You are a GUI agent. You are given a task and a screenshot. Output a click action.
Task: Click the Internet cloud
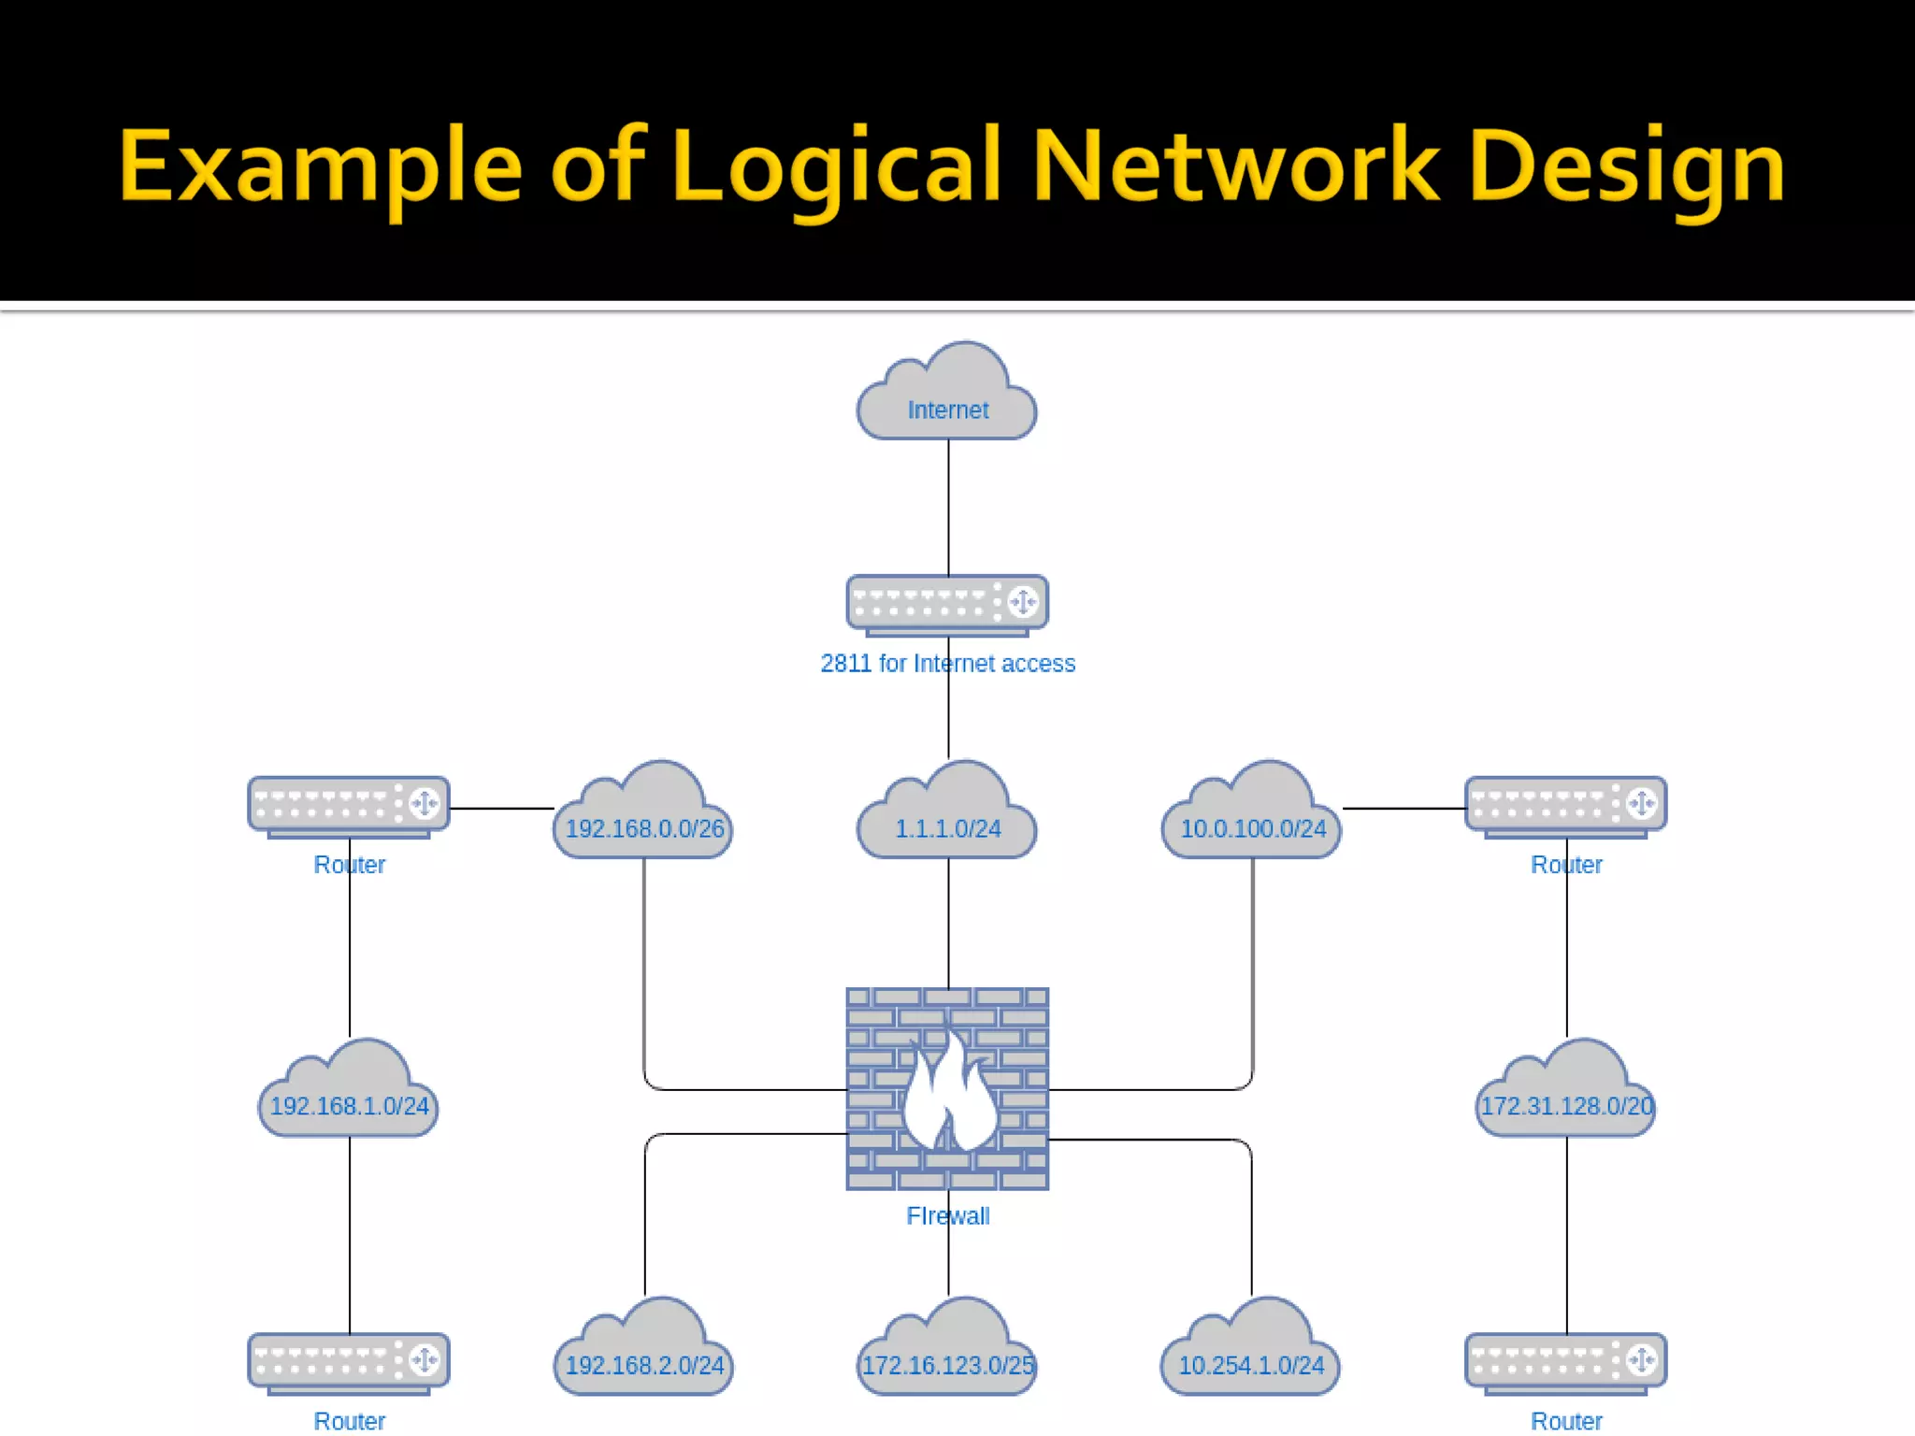[947, 397]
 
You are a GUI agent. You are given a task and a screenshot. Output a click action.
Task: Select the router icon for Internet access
[947, 603]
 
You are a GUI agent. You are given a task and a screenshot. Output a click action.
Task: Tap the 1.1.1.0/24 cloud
[947, 818]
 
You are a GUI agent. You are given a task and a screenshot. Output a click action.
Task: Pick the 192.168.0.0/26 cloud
[644, 818]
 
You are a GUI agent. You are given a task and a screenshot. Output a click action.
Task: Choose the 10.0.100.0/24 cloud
[1252, 818]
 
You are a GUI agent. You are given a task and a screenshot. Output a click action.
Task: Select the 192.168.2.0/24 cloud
[644, 1355]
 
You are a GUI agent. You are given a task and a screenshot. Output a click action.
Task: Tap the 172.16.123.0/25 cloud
[947, 1355]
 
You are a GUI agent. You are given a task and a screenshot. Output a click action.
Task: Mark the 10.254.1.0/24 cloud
[1251, 1355]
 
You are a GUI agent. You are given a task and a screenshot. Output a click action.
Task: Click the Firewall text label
[947, 1215]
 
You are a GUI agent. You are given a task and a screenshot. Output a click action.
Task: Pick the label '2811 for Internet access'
[947, 663]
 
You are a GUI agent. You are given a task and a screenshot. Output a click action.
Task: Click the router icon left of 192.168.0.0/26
[349, 805]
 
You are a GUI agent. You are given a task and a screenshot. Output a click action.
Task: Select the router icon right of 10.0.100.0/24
[1566, 805]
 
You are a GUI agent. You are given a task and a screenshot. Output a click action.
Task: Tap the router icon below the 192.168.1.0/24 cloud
[349, 1361]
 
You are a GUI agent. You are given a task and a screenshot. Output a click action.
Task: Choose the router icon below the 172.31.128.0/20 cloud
[1566, 1361]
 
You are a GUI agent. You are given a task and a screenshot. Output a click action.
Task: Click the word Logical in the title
[837, 168]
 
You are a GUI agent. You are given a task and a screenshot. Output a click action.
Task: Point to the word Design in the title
[1627, 168]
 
